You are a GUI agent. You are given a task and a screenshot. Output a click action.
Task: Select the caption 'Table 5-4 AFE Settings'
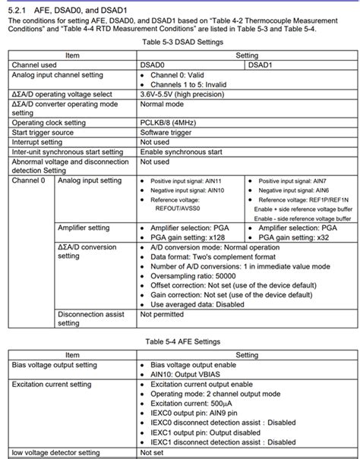click(x=179, y=343)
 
